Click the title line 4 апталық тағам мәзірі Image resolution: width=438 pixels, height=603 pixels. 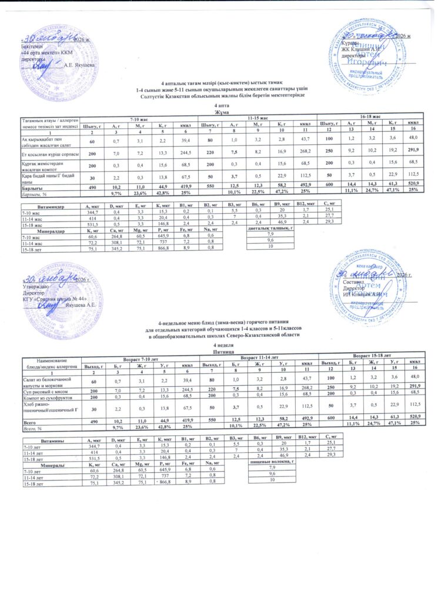(219, 82)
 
